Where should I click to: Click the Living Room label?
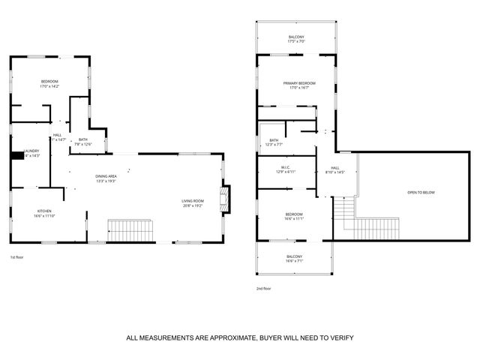pos(193,202)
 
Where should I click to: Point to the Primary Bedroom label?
pos(298,85)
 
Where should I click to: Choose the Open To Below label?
pos(421,193)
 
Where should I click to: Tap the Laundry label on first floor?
pos(31,153)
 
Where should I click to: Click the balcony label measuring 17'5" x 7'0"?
pos(296,39)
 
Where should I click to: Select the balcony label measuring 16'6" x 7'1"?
pos(294,259)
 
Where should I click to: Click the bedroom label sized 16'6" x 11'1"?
pos(293,216)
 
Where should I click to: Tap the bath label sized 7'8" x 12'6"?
pos(82,142)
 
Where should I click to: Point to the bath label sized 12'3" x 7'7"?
pos(274,142)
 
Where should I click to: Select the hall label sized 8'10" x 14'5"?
pos(335,170)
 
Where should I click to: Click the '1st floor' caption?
pos(17,257)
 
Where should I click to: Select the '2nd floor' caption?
pos(263,288)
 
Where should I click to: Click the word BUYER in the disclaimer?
pos(273,338)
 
